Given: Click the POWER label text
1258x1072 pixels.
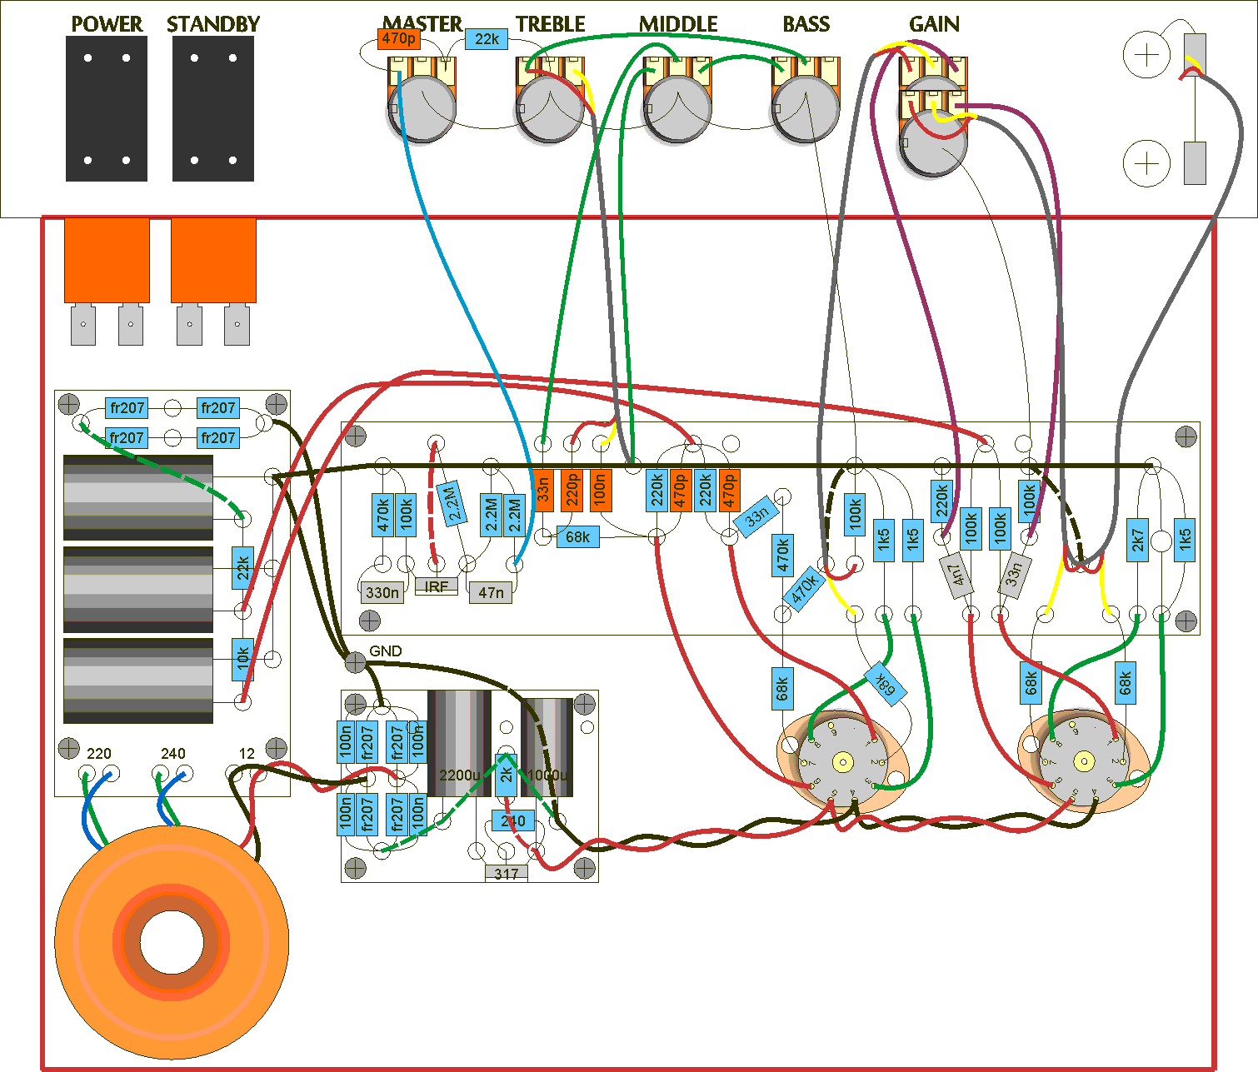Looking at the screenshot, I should click(x=107, y=24).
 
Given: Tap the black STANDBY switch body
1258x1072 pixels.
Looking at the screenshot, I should click(x=213, y=108).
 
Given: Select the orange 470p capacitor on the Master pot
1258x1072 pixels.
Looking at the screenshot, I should click(x=398, y=38).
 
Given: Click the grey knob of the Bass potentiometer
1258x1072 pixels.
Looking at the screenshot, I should click(x=806, y=109).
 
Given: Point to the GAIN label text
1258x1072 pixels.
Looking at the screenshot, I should click(x=934, y=24).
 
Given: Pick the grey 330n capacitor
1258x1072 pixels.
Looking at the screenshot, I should click(x=382, y=592).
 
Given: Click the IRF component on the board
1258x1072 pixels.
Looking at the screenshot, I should click(x=436, y=586).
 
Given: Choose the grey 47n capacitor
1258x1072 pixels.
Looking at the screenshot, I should click(x=491, y=592).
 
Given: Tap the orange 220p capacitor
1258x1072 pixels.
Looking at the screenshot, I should click(x=572, y=491).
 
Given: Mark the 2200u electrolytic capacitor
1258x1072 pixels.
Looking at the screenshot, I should click(x=458, y=742).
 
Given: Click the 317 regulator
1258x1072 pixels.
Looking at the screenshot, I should click(x=507, y=874).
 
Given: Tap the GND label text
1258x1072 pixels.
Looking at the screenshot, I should click(x=385, y=651).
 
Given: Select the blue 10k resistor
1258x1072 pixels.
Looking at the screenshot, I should click(x=242, y=658).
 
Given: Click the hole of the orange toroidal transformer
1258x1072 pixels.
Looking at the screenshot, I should click(x=172, y=944).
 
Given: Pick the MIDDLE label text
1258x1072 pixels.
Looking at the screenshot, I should click(x=678, y=24).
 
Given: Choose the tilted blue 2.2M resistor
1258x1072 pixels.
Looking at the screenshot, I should click(x=450, y=503).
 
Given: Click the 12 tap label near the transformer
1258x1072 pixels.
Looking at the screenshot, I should click(x=247, y=754).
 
